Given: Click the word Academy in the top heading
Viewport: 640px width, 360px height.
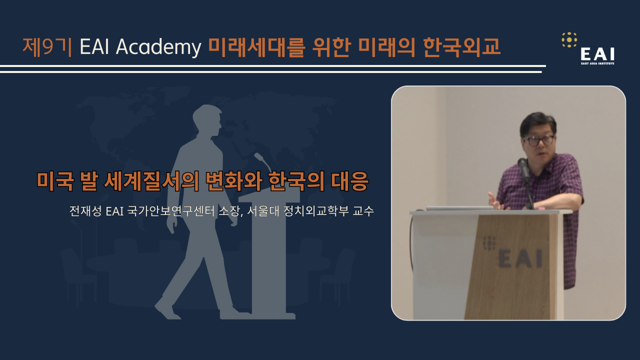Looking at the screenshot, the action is [158, 47].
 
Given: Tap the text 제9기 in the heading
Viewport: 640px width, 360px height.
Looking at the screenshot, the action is [47, 46].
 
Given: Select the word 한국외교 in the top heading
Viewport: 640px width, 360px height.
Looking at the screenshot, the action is [461, 46].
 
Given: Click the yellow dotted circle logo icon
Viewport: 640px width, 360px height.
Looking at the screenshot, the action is [569, 39].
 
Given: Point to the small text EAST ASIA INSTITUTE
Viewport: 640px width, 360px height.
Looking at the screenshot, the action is [597, 63].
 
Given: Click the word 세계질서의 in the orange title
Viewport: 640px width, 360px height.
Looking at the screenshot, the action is [151, 181].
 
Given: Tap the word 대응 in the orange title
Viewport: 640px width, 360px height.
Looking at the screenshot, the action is [349, 181].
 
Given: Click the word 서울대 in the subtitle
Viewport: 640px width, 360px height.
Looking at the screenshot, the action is [263, 211].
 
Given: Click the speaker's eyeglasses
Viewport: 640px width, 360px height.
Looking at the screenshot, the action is [538, 140].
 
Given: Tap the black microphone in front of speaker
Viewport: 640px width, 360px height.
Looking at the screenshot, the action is [523, 169].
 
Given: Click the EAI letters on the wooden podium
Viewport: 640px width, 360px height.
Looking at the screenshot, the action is [520, 258].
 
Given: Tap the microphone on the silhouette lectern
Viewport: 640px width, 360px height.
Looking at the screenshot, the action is [263, 162].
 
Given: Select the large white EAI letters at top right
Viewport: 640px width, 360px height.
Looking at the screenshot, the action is [597, 54].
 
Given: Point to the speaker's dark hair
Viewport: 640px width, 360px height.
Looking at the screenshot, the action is [537, 122].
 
